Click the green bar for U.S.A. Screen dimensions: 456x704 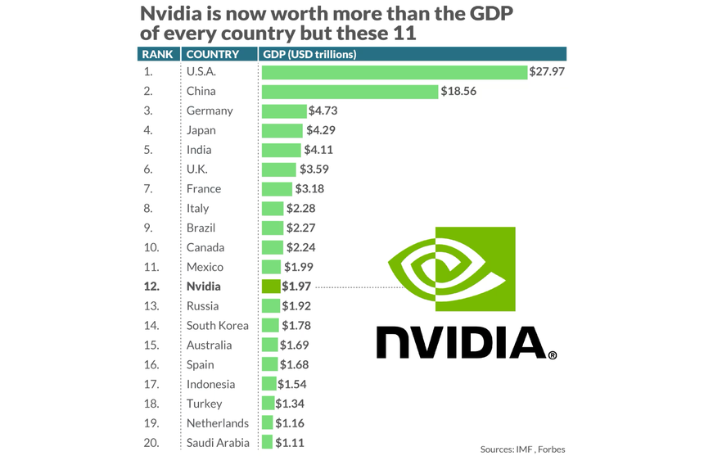click(394, 72)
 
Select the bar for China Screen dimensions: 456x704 click(350, 92)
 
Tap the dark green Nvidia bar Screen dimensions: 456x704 click(271, 287)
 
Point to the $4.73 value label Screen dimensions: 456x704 click(323, 111)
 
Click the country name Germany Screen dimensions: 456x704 click(210, 111)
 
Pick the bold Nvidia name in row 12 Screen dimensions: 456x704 click(204, 287)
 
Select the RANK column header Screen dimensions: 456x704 click(156, 55)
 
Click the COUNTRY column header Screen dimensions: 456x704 click(213, 55)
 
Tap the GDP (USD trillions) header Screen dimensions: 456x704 click(309, 55)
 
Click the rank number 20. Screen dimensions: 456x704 click(149, 443)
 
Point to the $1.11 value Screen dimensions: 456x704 click(289, 443)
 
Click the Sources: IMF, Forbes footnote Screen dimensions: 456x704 click(522, 449)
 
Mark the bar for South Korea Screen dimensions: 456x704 click(269, 326)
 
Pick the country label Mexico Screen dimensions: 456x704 click(205, 267)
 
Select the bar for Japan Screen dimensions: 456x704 click(282, 130)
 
